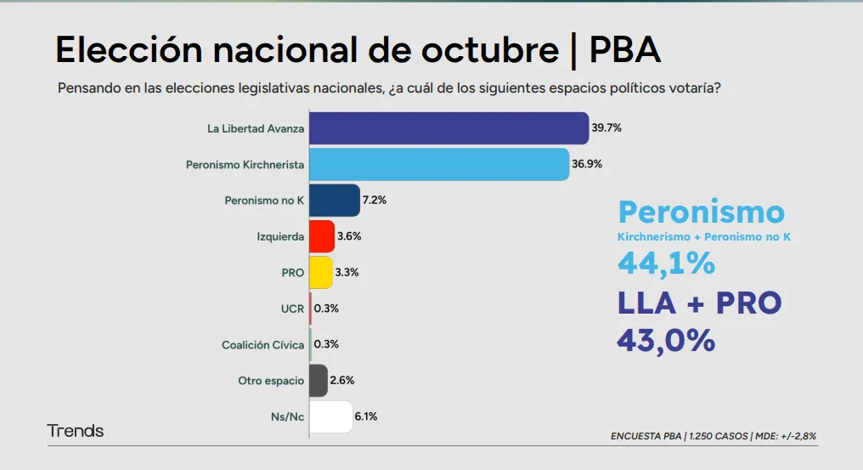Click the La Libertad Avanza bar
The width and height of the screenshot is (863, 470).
point(448,128)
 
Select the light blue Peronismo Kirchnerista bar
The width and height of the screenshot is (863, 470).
point(438,164)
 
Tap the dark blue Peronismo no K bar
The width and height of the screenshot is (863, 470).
point(335,201)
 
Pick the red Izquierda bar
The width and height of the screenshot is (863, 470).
point(322,236)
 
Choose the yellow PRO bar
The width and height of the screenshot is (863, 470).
point(320,272)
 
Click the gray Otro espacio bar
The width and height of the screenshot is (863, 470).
point(319,380)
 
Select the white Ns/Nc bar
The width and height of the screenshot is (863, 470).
point(330,416)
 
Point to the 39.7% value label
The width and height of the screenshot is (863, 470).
point(607,128)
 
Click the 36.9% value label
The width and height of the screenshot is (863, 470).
point(587,164)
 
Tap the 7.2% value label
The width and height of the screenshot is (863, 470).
point(375,201)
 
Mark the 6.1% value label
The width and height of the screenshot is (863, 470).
point(365,416)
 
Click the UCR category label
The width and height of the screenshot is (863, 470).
point(292,309)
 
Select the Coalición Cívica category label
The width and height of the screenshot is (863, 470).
point(262,344)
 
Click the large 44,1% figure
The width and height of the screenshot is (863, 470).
point(666,263)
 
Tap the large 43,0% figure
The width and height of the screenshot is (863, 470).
point(666,340)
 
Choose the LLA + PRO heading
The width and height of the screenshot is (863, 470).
point(699,303)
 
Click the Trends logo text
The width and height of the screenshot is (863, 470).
point(76,431)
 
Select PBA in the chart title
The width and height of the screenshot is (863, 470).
point(624,51)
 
